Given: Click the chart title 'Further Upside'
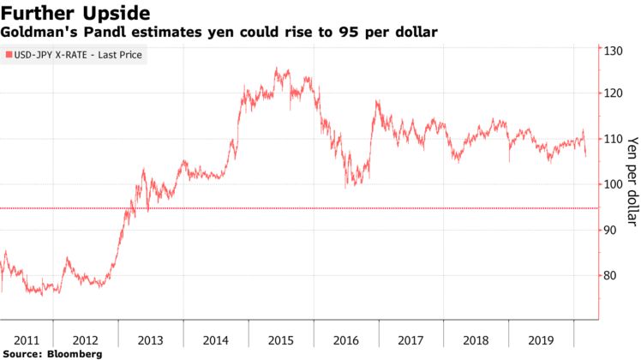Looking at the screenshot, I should point(76,13).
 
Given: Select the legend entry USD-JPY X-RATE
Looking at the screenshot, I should point(76,56).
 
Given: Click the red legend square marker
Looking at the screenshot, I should point(9,56).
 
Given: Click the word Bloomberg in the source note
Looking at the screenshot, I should point(75,353).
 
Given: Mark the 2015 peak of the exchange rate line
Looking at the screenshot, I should point(276,69).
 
